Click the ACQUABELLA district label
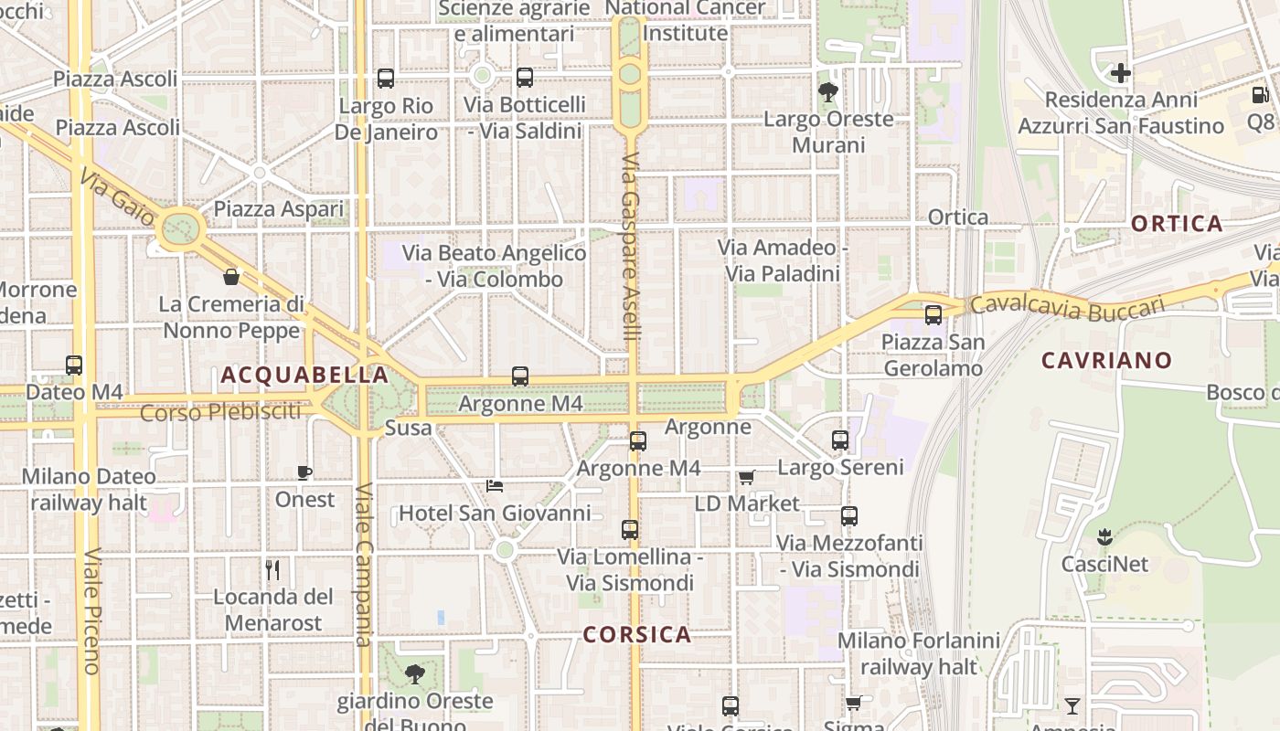pyautogui.click(x=304, y=375)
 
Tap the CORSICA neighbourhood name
pyautogui.click(x=636, y=634)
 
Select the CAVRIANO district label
pyautogui.click(x=1106, y=360)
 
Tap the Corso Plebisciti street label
pyautogui.click(x=220, y=412)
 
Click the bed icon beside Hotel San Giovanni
pyautogui.click(x=495, y=486)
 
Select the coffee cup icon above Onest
pyautogui.click(x=304, y=472)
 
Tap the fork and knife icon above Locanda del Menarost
pyautogui.click(x=272, y=570)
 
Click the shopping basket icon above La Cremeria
pyautogui.click(x=231, y=276)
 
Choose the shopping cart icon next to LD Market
pyautogui.click(x=747, y=477)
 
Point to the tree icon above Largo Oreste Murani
pyautogui.click(x=828, y=91)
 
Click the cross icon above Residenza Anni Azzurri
pyautogui.click(x=1121, y=72)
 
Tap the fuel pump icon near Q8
pyautogui.click(x=1260, y=94)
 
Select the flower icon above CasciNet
pyautogui.click(x=1104, y=536)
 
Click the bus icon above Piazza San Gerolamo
pyautogui.click(x=933, y=315)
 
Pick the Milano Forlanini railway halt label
pyautogui.click(x=919, y=653)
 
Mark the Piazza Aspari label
pyautogui.click(x=278, y=209)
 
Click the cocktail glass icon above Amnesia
pyautogui.click(x=1072, y=706)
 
